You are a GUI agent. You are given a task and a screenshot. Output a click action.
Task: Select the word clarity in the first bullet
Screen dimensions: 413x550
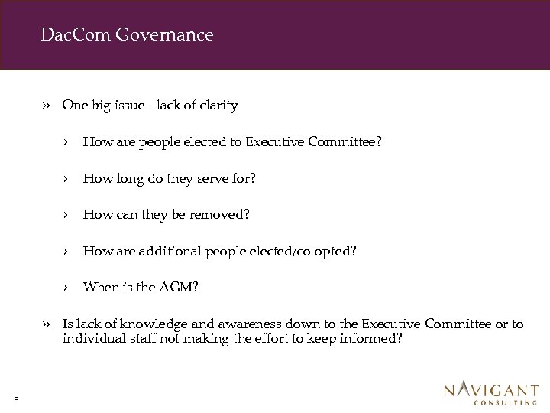(x=218, y=106)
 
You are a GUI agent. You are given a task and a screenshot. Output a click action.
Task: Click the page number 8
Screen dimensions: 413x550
(x=16, y=396)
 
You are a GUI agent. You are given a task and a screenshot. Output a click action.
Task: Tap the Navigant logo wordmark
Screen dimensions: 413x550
(x=491, y=390)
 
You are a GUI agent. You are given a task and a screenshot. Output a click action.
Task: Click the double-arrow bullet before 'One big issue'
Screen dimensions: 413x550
(x=47, y=106)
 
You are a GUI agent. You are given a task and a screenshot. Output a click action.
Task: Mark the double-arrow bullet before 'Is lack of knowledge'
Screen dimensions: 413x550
(x=47, y=324)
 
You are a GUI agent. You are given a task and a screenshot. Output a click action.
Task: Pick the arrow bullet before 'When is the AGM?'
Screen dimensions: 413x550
(x=67, y=288)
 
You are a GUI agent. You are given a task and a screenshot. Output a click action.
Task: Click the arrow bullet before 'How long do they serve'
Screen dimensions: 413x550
(x=67, y=178)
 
